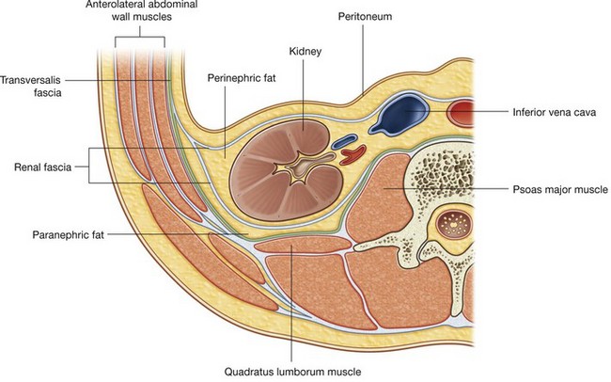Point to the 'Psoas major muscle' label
pyautogui.click(x=561, y=189)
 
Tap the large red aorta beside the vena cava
pyautogui.click(x=464, y=113)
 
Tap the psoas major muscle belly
pyautogui.click(x=380, y=203)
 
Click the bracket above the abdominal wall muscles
pyautogui.click(x=139, y=40)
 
